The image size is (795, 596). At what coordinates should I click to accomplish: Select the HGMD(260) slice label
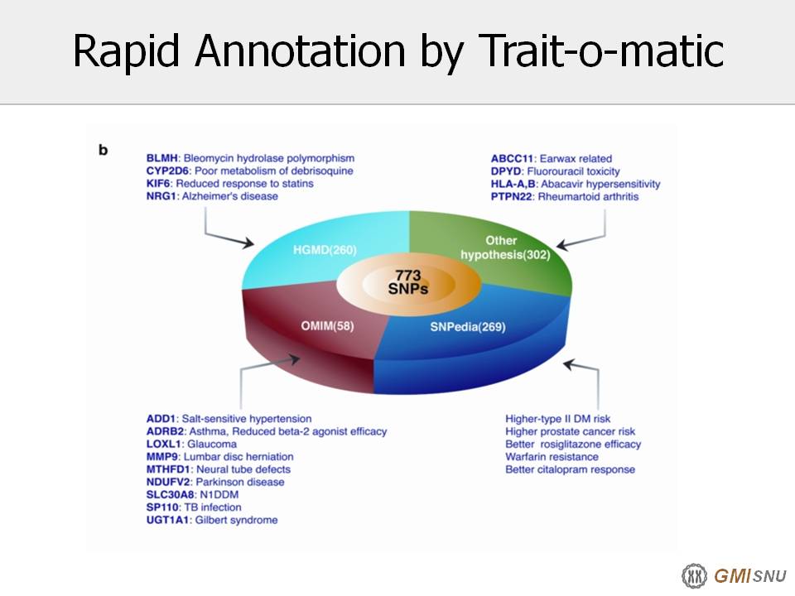coord(325,250)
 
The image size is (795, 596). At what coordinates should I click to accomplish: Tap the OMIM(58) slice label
coord(328,326)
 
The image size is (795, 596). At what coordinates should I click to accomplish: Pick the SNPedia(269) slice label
coord(468,327)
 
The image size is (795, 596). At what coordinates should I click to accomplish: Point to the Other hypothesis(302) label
coord(505,248)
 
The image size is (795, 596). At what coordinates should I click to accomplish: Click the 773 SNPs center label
coord(408,281)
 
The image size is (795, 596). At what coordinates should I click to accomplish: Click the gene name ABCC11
coord(512,159)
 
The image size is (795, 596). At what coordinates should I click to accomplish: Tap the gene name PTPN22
coord(512,197)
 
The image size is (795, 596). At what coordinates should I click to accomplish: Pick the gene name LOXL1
coord(163,444)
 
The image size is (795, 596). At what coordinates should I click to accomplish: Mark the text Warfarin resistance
coord(552,457)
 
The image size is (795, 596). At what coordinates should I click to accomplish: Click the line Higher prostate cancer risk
coord(570,431)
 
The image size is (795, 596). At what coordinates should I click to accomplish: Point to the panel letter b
coord(103,150)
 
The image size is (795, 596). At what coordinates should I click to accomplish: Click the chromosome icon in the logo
coord(694,576)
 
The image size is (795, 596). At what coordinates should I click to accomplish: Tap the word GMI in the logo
coord(732,576)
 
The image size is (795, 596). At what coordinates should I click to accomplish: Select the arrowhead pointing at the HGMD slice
coord(248,243)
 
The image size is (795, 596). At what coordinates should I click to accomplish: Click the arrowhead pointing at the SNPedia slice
coord(570,364)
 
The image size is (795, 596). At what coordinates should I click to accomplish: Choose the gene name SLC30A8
coord(171,495)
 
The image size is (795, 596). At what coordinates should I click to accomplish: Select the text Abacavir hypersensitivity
coord(600,184)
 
